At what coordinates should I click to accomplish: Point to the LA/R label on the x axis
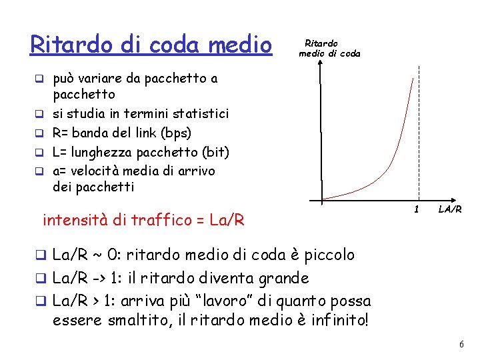pos(451,210)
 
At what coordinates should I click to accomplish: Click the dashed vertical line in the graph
pos(419,133)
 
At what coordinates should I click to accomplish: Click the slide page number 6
pos(461,343)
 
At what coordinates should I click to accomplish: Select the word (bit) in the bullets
pos(213,152)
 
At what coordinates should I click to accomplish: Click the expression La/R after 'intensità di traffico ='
pos(227,219)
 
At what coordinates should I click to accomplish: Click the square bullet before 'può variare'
pos(40,79)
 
